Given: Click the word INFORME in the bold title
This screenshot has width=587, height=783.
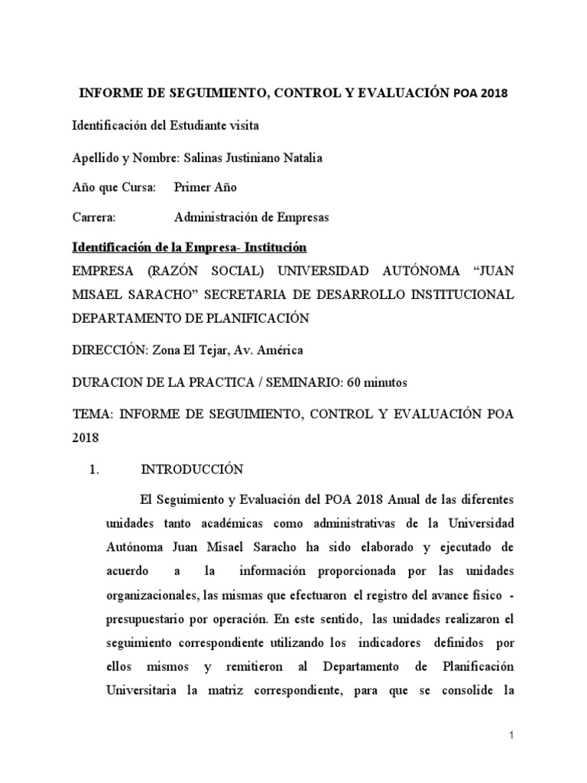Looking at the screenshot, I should [109, 93].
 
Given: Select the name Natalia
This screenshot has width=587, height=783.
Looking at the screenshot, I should [303, 158].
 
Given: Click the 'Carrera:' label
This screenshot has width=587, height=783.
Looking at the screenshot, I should [94, 217].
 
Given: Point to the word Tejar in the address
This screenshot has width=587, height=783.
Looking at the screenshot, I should [205, 350].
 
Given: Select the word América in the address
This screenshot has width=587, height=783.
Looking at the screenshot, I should [282, 350].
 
